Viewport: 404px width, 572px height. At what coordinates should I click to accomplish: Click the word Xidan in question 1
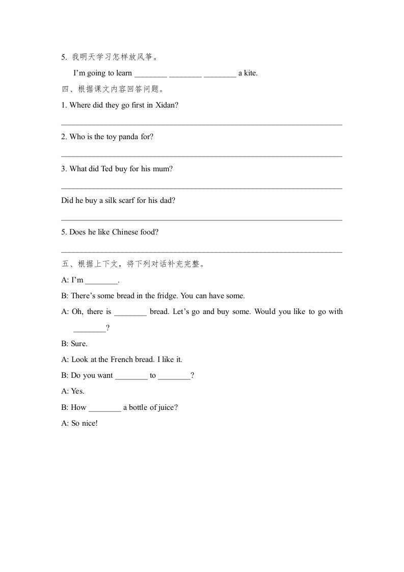coord(167,105)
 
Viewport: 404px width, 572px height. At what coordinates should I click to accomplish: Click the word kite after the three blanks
coord(250,73)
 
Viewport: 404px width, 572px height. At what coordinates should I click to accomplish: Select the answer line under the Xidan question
coord(201,124)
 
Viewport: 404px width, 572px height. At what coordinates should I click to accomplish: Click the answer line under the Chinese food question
coord(201,251)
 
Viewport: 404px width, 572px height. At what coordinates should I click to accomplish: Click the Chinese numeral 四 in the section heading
coord(65,89)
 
